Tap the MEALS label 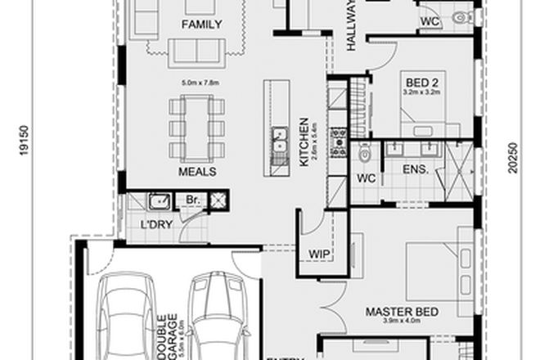pyautogui.click(x=197, y=173)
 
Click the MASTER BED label pyautogui.click(x=402, y=312)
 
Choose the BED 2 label pyautogui.click(x=421, y=81)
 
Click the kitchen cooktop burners pyautogui.click(x=336, y=145)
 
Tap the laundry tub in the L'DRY pyautogui.click(x=157, y=200)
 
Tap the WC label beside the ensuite pyautogui.click(x=365, y=177)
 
